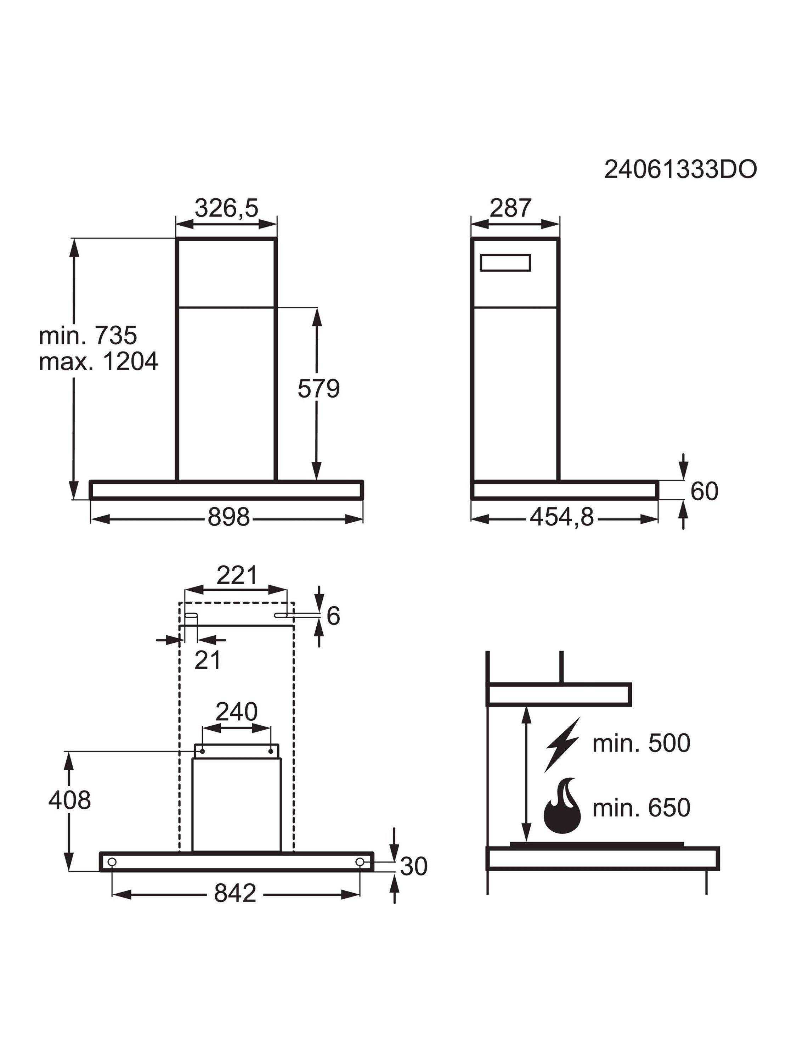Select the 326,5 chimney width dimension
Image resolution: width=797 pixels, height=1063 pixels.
226,208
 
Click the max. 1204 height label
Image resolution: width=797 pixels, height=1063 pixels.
98,361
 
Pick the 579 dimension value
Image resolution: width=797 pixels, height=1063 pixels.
318,388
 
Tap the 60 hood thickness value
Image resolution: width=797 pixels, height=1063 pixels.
704,491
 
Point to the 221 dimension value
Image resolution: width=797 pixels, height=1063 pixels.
237,575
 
